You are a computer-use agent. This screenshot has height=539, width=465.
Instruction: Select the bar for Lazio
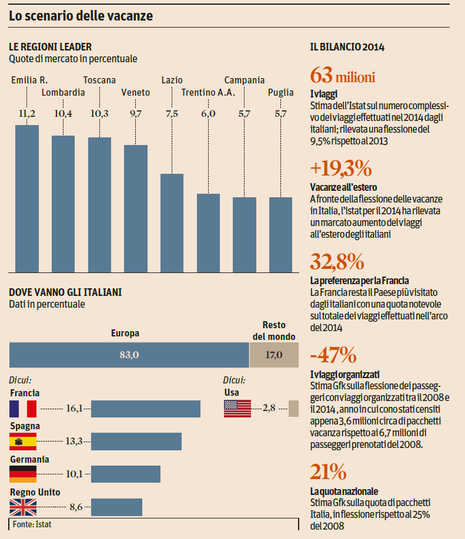[x=172, y=223]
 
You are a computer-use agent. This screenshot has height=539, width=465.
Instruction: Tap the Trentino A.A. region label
[x=208, y=92]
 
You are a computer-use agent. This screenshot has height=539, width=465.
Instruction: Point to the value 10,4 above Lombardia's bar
[x=63, y=114]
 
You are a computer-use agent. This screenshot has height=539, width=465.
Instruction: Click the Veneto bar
[x=136, y=208]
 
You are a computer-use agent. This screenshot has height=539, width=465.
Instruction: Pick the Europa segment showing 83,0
[x=129, y=355]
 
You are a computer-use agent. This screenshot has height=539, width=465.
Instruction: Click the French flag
[x=23, y=409]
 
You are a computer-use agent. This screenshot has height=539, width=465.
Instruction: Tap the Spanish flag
[x=23, y=441]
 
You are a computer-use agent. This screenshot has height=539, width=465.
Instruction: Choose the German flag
[x=23, y=474]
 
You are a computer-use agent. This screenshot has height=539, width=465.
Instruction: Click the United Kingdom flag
[x=23, y=507]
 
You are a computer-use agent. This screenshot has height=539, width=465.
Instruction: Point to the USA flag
[x=237, y=409]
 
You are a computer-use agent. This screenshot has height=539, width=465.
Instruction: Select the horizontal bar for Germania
[x=126, y=474]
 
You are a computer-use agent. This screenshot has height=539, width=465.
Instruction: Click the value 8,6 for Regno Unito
[x=76, y=507]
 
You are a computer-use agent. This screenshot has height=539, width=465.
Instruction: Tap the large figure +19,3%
[x=341, y=169]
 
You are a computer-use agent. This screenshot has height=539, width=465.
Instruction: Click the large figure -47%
[x=333, y=355]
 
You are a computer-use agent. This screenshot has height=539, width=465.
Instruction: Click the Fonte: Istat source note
[x=33, y=524]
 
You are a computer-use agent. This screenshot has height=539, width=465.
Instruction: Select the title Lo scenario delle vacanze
[x=81, y=16]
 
